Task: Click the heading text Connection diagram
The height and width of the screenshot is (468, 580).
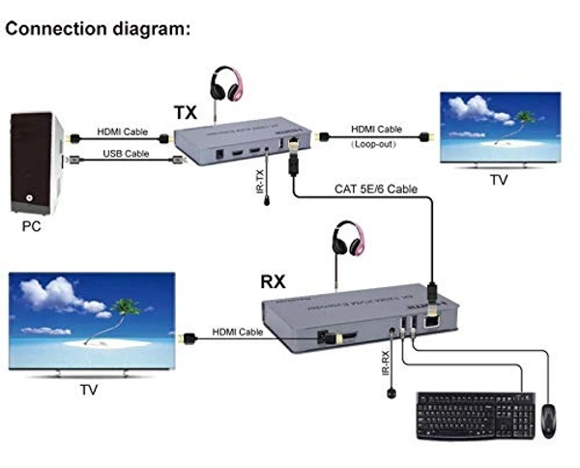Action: tap(97, 28)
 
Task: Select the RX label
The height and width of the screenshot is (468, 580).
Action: tap(274, 282)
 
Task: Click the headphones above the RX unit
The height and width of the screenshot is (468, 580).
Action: tap(345, 239)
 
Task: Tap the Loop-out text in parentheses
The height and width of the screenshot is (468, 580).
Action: tap(376, 142)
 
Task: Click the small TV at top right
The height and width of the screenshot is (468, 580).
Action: tap(500, 127)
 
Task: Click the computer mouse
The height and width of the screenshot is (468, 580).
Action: tap(549, 417)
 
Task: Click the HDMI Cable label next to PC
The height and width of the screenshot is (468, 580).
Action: tap(123, 132)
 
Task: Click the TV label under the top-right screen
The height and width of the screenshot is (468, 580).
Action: tap(498, 180)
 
